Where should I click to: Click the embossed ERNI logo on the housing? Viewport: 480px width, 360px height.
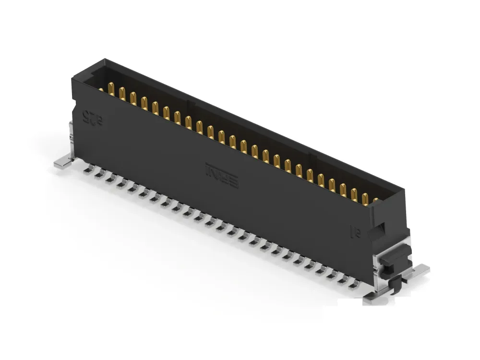click(222, 176)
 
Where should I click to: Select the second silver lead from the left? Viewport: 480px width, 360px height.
click(98, 175)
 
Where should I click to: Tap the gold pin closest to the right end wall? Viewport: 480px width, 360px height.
click(375, 201)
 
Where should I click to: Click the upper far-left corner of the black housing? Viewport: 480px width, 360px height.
click(104, 61)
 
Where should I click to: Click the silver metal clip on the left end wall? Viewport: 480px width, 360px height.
click(71, 134)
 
